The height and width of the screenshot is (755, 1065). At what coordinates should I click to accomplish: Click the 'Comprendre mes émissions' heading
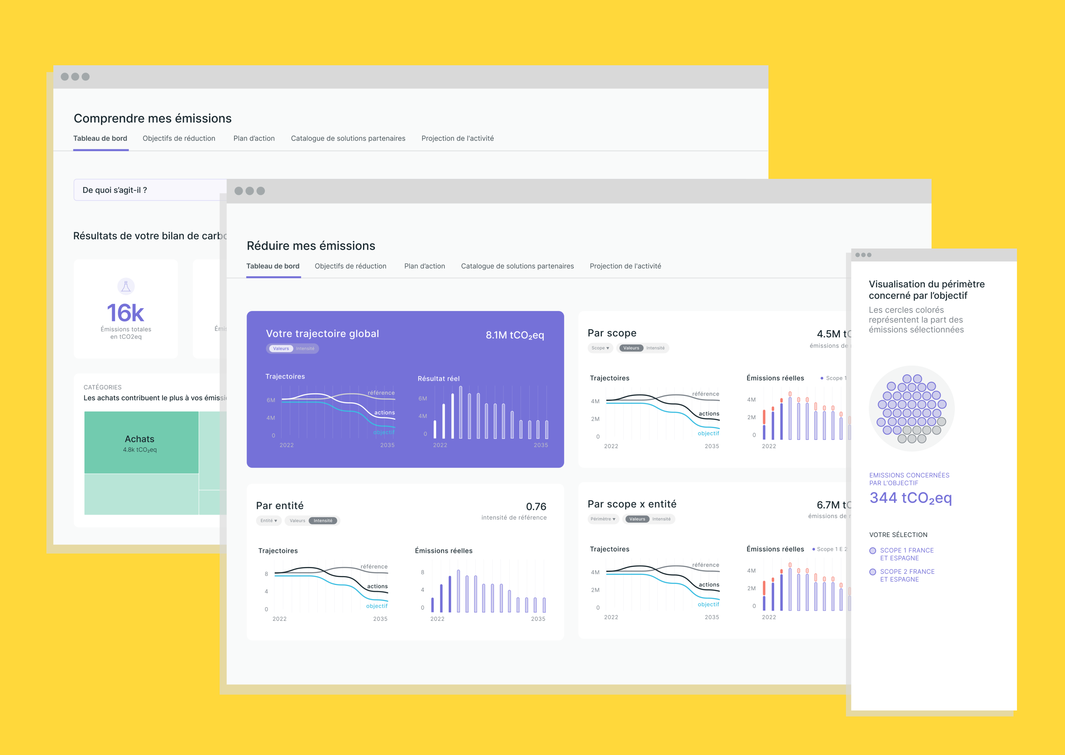(153, 119)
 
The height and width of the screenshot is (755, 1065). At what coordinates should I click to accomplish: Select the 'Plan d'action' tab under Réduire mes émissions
(425, 266)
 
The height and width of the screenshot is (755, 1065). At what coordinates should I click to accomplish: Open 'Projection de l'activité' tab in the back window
(458, 138)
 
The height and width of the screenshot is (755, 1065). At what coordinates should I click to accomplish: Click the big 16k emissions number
(126, 313)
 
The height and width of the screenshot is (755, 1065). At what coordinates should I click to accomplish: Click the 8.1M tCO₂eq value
(515, 335)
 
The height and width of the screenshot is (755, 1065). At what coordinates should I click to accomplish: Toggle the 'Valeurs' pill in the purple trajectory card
(281, 349)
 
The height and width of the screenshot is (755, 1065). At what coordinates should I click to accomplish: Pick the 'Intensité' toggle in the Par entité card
(323, 521)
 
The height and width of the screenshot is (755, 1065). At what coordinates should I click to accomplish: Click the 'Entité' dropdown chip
(269, 521)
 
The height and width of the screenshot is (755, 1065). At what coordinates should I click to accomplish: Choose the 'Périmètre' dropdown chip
(603, 519)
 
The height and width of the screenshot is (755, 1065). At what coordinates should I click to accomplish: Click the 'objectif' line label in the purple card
(383, 432)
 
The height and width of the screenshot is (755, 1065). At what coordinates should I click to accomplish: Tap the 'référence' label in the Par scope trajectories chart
(705, 394)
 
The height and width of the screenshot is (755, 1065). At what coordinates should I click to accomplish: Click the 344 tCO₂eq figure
(910, 498)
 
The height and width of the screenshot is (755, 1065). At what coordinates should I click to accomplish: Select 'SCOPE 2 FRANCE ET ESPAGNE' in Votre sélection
(907, 575)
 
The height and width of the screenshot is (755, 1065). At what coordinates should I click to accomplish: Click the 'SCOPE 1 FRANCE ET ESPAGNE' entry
(907, 554)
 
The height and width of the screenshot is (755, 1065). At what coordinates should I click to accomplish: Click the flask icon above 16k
(126, 286)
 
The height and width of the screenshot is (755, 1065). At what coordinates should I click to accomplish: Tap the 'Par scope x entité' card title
(632, 504)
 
